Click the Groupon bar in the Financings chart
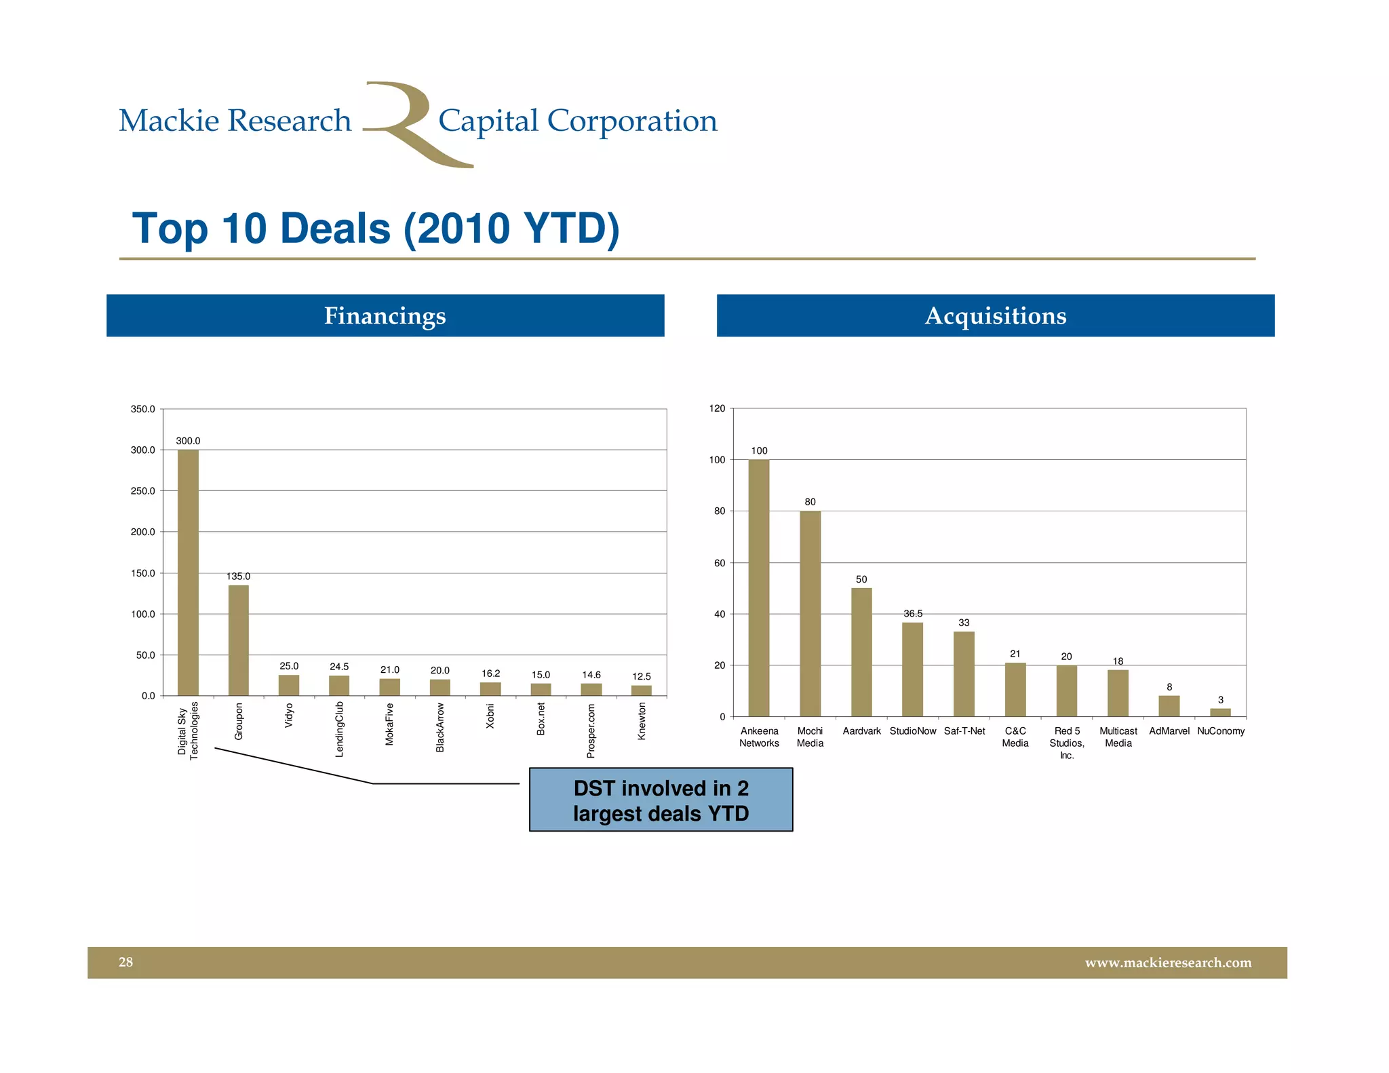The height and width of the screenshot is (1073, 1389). pos(238,640)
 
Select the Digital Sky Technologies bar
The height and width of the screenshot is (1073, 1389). pos(188,572)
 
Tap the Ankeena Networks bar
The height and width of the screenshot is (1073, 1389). pos(758,588)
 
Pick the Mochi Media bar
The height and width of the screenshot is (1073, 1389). pos(810,614)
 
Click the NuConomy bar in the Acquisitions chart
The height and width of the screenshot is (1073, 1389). pos(1220,712)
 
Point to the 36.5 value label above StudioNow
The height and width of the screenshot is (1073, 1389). pos(912,613)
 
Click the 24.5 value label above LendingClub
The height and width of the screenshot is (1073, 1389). pos(339,667)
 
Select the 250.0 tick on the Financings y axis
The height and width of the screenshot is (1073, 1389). pos(142,490)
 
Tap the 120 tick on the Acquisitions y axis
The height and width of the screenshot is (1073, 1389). pos(717,408)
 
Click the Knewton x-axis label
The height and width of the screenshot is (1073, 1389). pos(642,721)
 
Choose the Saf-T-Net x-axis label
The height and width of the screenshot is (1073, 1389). pos(964,730)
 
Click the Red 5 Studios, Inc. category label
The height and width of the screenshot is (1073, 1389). pos(1066,743)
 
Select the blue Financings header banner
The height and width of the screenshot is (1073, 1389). pos(385,315)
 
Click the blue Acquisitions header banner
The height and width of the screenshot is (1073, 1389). pos(995,315)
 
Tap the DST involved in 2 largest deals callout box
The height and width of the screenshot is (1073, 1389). pos(661,800)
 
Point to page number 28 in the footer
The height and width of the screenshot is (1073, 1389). pos(126,962)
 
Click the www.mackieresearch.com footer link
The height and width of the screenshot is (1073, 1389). pos(1167,962)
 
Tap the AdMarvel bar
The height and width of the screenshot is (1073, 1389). pos(1169,706)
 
